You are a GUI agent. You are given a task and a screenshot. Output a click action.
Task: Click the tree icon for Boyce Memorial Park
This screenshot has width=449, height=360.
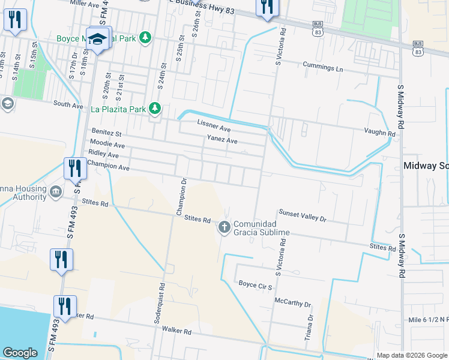pos(145,38)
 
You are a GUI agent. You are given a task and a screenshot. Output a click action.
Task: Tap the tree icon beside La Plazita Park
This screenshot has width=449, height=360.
pos(155,109)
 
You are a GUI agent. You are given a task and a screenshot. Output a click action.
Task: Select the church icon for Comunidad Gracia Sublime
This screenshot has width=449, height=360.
pos(224,227)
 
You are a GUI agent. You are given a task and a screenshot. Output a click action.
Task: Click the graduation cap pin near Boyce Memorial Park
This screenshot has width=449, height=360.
pos(97,40)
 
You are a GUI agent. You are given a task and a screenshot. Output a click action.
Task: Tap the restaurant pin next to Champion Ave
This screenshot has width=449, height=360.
pos(76,167)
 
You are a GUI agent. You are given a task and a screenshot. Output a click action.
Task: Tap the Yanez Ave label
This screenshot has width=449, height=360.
pos(222,140)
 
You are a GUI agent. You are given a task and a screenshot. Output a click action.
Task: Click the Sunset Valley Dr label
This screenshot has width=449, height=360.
pos(301,215)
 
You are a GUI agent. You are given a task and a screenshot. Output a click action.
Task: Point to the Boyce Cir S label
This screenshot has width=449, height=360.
pos(256,283)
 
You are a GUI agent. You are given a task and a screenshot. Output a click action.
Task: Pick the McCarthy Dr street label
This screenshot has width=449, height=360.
pos(292,302)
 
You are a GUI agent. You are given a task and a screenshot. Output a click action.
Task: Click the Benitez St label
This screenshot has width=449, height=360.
pos(106,132)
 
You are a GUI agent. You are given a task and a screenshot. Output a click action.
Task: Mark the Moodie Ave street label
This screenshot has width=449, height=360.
pos(107,145)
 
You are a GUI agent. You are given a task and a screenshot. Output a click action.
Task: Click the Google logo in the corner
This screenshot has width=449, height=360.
pos(20,353)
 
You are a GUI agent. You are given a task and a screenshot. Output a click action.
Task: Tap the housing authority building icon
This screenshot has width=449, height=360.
pos(55,192)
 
